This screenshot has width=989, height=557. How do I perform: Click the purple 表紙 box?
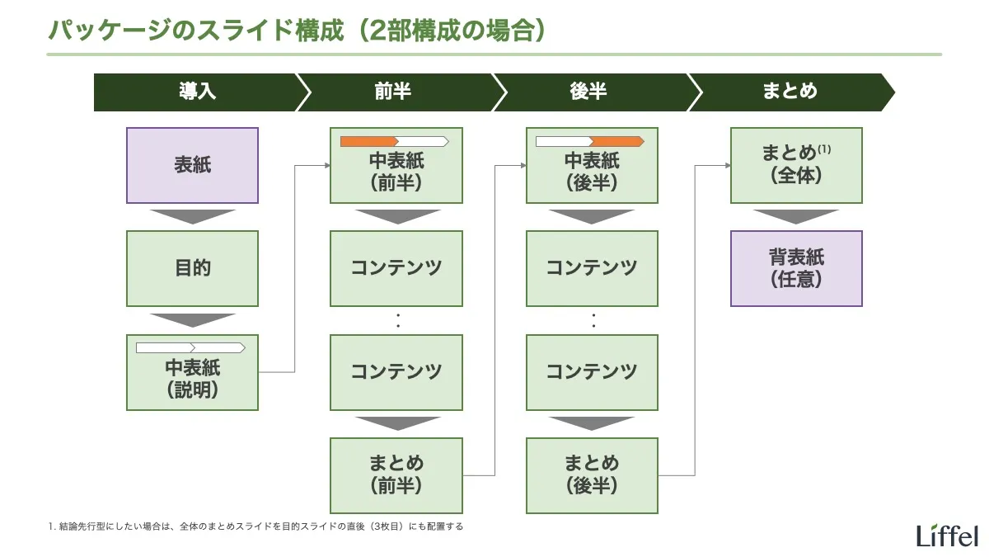(192, 165)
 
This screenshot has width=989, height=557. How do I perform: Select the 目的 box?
(192, 268)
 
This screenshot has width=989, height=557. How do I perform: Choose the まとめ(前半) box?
(396, 475)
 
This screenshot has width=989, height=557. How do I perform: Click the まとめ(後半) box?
(592, 475)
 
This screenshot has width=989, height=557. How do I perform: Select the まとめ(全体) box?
(796, 165)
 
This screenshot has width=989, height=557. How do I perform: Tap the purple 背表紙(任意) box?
(796, 268)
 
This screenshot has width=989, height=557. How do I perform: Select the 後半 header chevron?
(588, 92)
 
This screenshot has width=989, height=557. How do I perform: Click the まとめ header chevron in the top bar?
(790, 92)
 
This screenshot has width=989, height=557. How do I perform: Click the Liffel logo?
(947, 536)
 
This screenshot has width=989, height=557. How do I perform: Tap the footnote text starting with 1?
(255, 526)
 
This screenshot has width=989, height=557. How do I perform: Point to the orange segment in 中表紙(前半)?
(368, 141)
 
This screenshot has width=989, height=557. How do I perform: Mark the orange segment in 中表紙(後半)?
(616, 141)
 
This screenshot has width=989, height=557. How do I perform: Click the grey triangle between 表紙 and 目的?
(192, 216)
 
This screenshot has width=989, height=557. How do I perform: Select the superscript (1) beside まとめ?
(824, 150)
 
